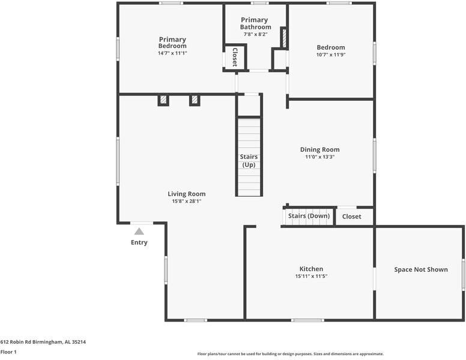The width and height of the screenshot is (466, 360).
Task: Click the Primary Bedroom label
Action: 172,43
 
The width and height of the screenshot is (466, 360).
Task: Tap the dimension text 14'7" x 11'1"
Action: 172,53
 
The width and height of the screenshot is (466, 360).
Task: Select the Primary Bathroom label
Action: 255,23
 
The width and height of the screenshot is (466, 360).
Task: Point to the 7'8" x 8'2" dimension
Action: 255,34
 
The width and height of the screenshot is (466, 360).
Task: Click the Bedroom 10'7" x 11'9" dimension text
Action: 331,55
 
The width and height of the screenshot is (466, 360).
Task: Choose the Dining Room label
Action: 319,149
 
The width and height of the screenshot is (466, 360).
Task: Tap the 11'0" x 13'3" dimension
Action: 319,157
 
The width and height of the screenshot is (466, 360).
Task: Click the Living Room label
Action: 186,194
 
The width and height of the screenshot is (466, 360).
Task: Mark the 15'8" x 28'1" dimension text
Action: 186,202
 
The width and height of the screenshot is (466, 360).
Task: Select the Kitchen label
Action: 311,269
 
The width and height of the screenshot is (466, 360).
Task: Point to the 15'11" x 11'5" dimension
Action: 311,277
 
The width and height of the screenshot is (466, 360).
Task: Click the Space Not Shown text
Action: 420,269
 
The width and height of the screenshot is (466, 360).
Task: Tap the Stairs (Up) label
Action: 249,160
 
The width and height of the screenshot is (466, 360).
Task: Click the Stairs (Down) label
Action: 309,216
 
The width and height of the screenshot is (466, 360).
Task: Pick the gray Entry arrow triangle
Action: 139,231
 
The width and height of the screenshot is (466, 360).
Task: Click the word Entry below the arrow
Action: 139,242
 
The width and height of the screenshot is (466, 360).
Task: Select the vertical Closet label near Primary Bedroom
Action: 234,56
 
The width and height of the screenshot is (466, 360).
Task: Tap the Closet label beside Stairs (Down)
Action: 351,217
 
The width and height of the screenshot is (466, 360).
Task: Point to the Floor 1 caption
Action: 8,352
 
